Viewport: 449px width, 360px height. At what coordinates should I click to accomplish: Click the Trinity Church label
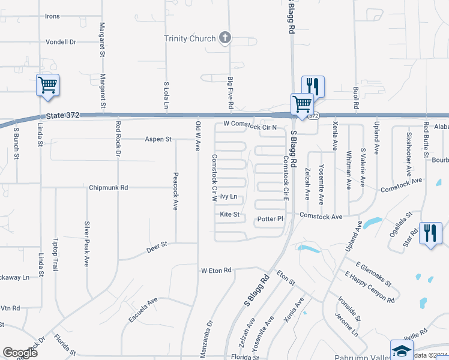[190, 39]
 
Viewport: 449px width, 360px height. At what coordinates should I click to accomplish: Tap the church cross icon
[225, 38]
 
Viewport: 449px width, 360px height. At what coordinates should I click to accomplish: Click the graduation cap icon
[401, 350]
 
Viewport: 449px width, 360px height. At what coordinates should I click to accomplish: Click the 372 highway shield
[314, 116]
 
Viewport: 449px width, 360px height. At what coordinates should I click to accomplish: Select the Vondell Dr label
[61, 43]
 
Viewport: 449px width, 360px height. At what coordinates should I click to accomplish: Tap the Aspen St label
[158, 139]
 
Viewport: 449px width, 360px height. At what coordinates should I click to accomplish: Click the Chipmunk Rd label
[109, 188]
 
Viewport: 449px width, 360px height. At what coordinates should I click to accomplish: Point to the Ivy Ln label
[229, 197]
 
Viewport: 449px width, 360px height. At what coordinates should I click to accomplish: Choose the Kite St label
[229, 214]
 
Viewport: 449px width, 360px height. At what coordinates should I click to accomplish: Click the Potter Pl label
[270, 219]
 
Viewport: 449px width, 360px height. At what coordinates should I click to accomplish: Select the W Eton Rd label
[216, 271]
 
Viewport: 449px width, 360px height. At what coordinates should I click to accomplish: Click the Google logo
[20, 352]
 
